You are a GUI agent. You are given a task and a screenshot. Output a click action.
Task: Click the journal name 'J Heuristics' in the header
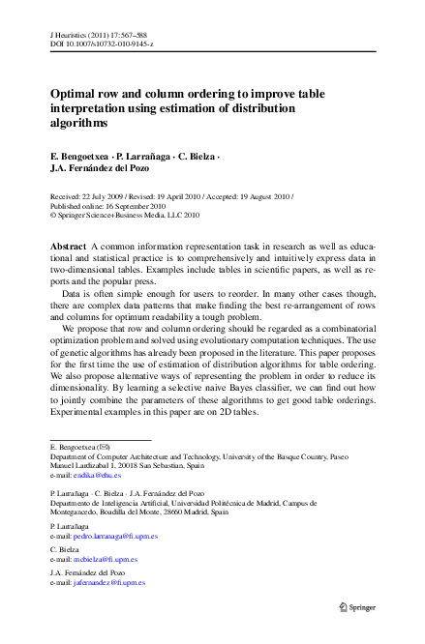[x=69, y=33]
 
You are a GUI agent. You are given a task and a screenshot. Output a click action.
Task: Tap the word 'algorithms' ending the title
[x=79, y=124]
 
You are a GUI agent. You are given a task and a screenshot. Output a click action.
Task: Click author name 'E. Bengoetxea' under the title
[x=79, y=156]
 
